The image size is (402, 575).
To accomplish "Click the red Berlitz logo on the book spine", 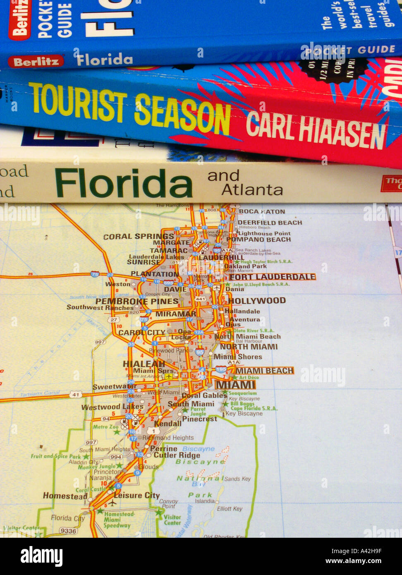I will [x=36, y=61].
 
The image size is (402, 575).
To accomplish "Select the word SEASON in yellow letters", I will [x=182, y=112].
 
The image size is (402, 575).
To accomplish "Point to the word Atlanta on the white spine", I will [x=252, y=190].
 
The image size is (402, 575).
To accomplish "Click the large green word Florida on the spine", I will [x=124, y=183].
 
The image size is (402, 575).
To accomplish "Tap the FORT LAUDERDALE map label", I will [x=272, y=277].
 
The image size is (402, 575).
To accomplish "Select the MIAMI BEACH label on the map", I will [x=264, y=371].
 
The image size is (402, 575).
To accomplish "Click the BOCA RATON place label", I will [x=262, y=211].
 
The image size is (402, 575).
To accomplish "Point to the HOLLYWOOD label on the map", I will [x=257, y=301].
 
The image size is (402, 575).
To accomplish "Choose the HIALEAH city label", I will [x=144, y=364].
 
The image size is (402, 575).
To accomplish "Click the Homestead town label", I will [x=65, y=496].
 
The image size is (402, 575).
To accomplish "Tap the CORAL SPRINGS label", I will [x=139, y=237].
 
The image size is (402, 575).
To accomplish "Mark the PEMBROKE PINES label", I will [x=137, y=301].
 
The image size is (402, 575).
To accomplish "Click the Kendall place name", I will [x=167, y=424].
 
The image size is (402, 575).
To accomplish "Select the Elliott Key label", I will [x=230, y=509].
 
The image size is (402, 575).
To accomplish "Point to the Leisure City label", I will [x=136, y=495].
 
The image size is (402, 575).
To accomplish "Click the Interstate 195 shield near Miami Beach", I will [x=221, y=369].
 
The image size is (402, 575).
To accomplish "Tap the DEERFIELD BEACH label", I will [x=270, y=223].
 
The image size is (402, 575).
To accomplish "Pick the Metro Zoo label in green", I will [x=106, y=426].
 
